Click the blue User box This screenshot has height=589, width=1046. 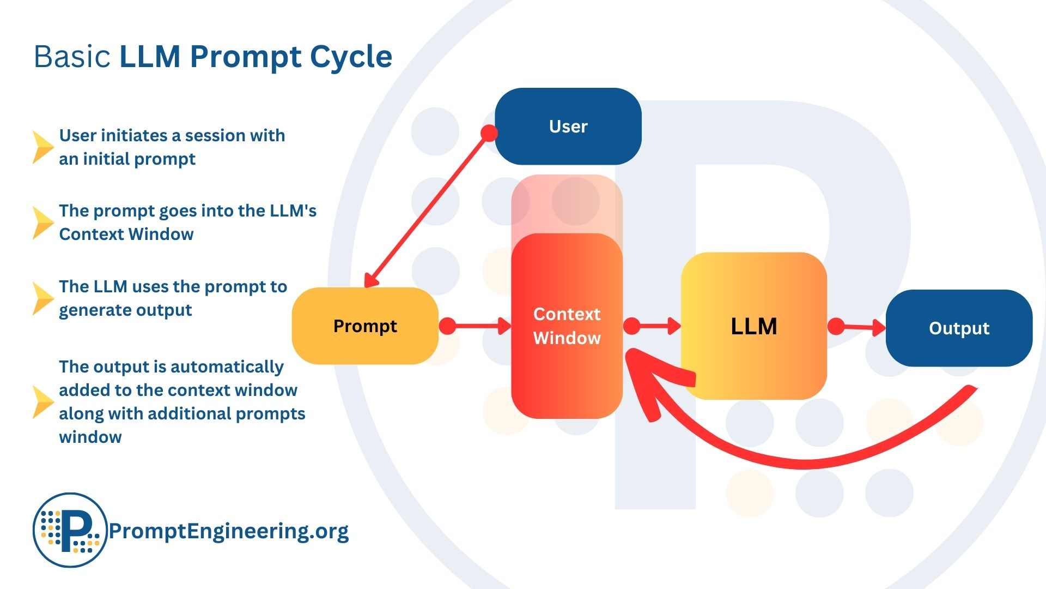[568, 126]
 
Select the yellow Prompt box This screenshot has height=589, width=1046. [365, 326]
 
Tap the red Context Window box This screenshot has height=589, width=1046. [567, 326]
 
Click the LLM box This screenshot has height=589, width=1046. [753, 326]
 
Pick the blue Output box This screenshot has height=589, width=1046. [959, 328]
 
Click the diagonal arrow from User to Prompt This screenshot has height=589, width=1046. [428, 210]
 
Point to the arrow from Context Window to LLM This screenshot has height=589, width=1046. [656, 326]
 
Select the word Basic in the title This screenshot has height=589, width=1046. [72, 57]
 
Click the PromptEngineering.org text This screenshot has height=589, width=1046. [228, 531]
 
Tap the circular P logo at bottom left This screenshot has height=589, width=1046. [70, 530]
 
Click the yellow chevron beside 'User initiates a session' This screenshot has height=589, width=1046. [42, 147]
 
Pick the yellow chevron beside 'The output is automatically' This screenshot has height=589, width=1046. [42, 402]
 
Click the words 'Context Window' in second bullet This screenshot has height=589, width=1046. [126, 234]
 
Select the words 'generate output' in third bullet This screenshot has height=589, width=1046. [125, 310]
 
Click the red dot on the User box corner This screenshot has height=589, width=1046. [489, 133]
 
